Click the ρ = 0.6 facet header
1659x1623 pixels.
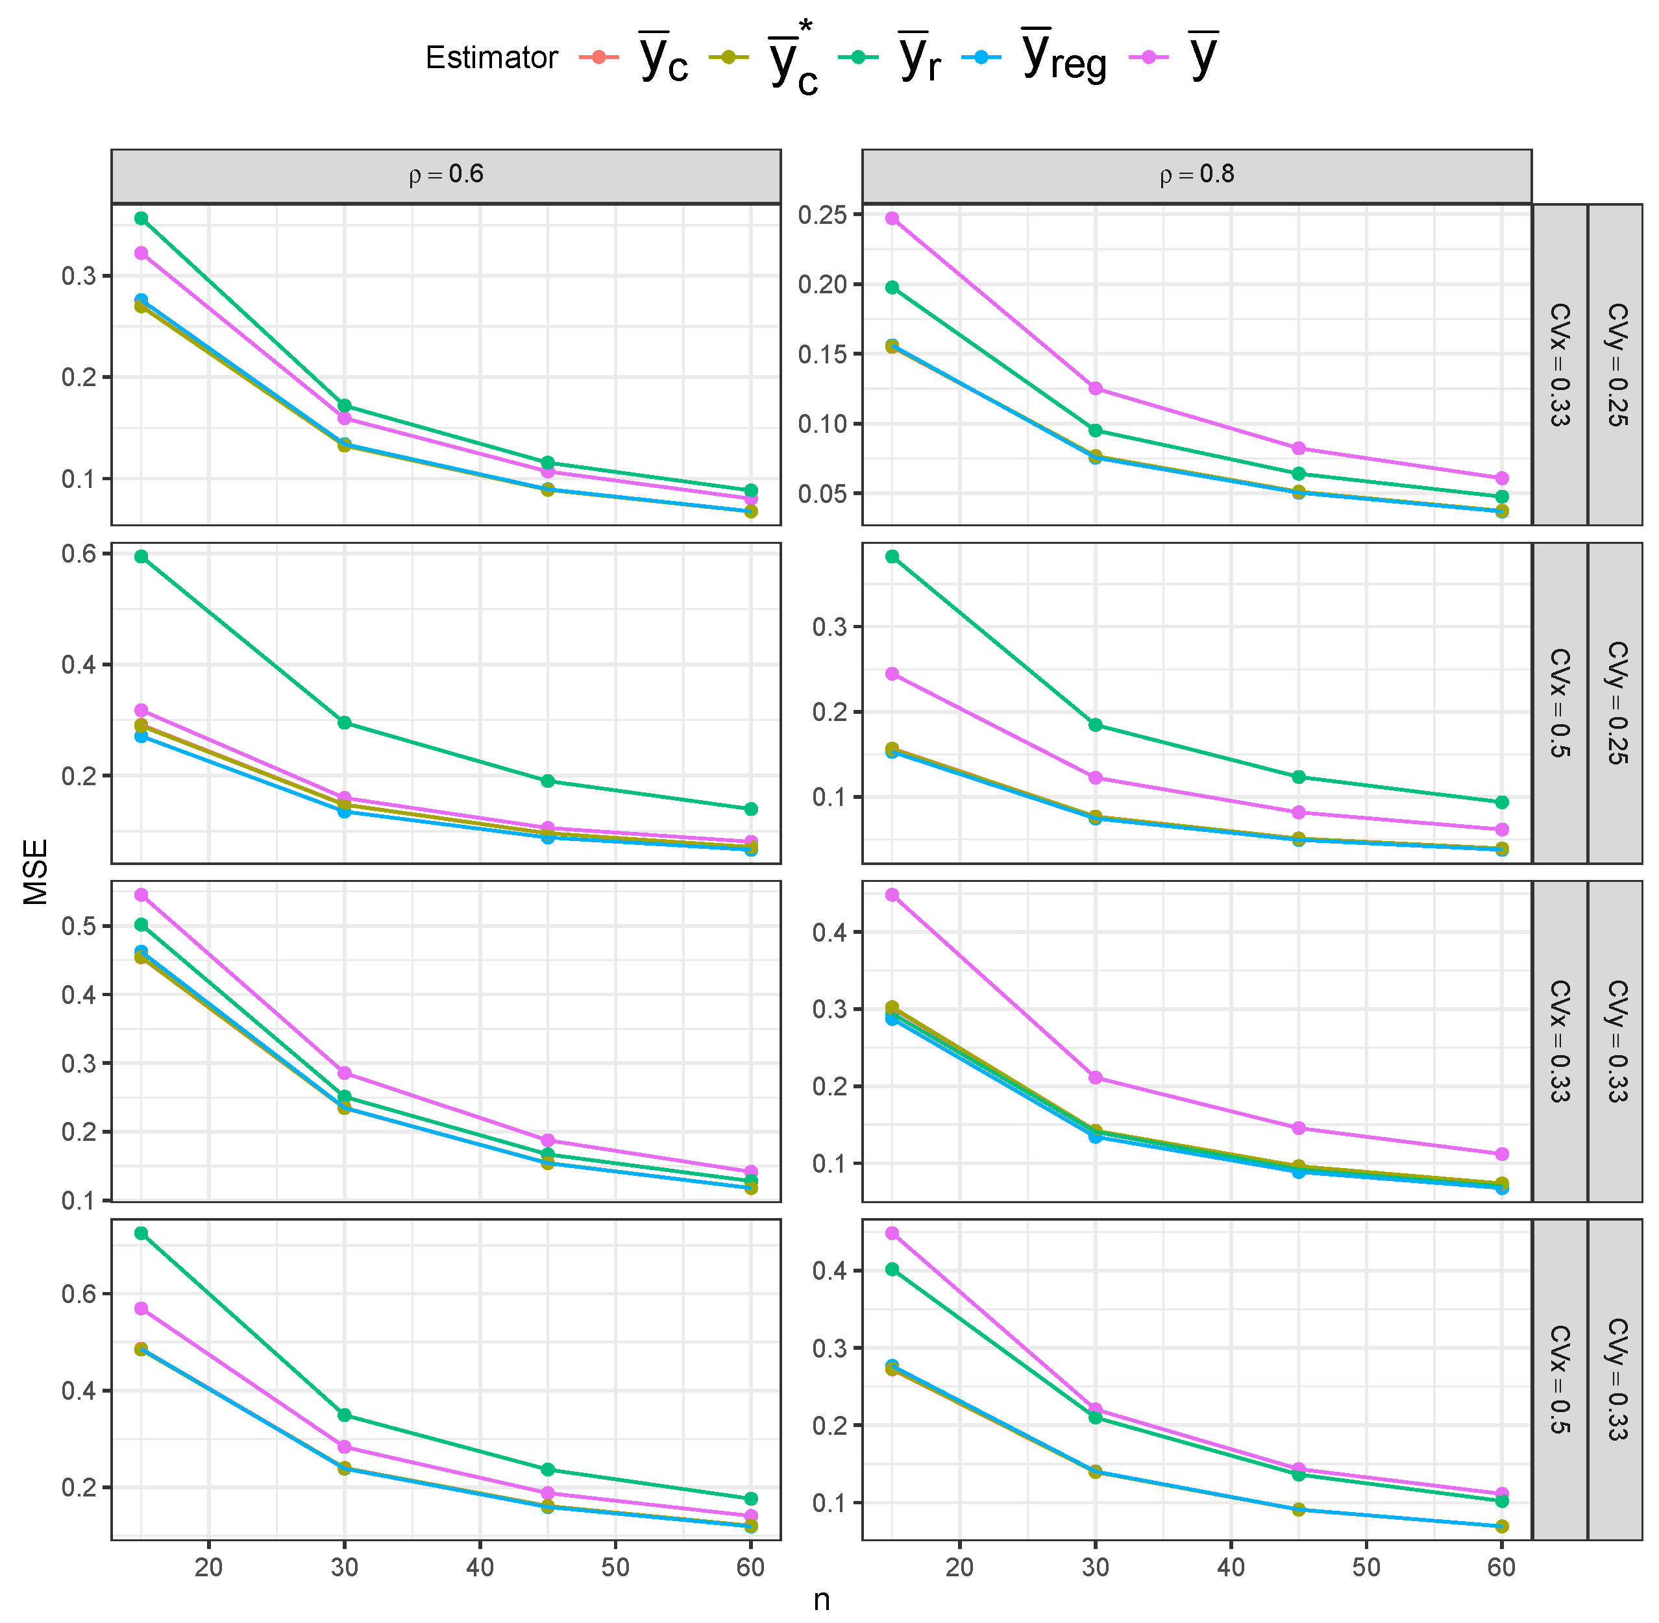tap(445, 175)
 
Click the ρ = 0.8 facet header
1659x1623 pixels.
tap(1196, 175)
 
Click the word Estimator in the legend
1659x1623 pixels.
tap(491, 57)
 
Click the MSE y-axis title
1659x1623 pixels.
tap(36, 871)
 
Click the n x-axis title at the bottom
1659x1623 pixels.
tap(821, 1600)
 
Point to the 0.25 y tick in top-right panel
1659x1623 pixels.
tap(822, 215)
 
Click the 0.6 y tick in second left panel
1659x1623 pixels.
tap(79, 554)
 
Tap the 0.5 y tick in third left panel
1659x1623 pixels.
tap(79, 926)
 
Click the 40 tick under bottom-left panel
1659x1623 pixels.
tap(479, 1567)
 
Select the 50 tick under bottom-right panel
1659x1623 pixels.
tap(1366, 1567)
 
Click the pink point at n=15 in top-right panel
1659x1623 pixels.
tap(892, 218)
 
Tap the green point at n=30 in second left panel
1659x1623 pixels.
tap(345, 723)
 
